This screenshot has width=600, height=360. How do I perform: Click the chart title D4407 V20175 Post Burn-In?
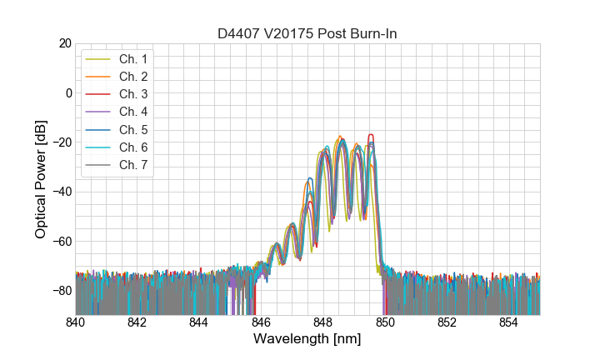tap(307, 33)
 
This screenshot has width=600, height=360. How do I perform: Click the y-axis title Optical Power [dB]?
tap(41, 178)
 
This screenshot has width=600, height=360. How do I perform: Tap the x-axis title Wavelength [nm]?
tap(307, 340)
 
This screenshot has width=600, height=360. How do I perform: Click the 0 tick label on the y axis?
tap(68, 92)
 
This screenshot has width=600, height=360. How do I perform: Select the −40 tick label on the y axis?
tap(62, 192)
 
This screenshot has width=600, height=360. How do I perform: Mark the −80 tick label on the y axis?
tap(62, 290)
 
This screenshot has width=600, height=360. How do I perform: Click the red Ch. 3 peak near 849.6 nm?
tap(371, 135)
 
